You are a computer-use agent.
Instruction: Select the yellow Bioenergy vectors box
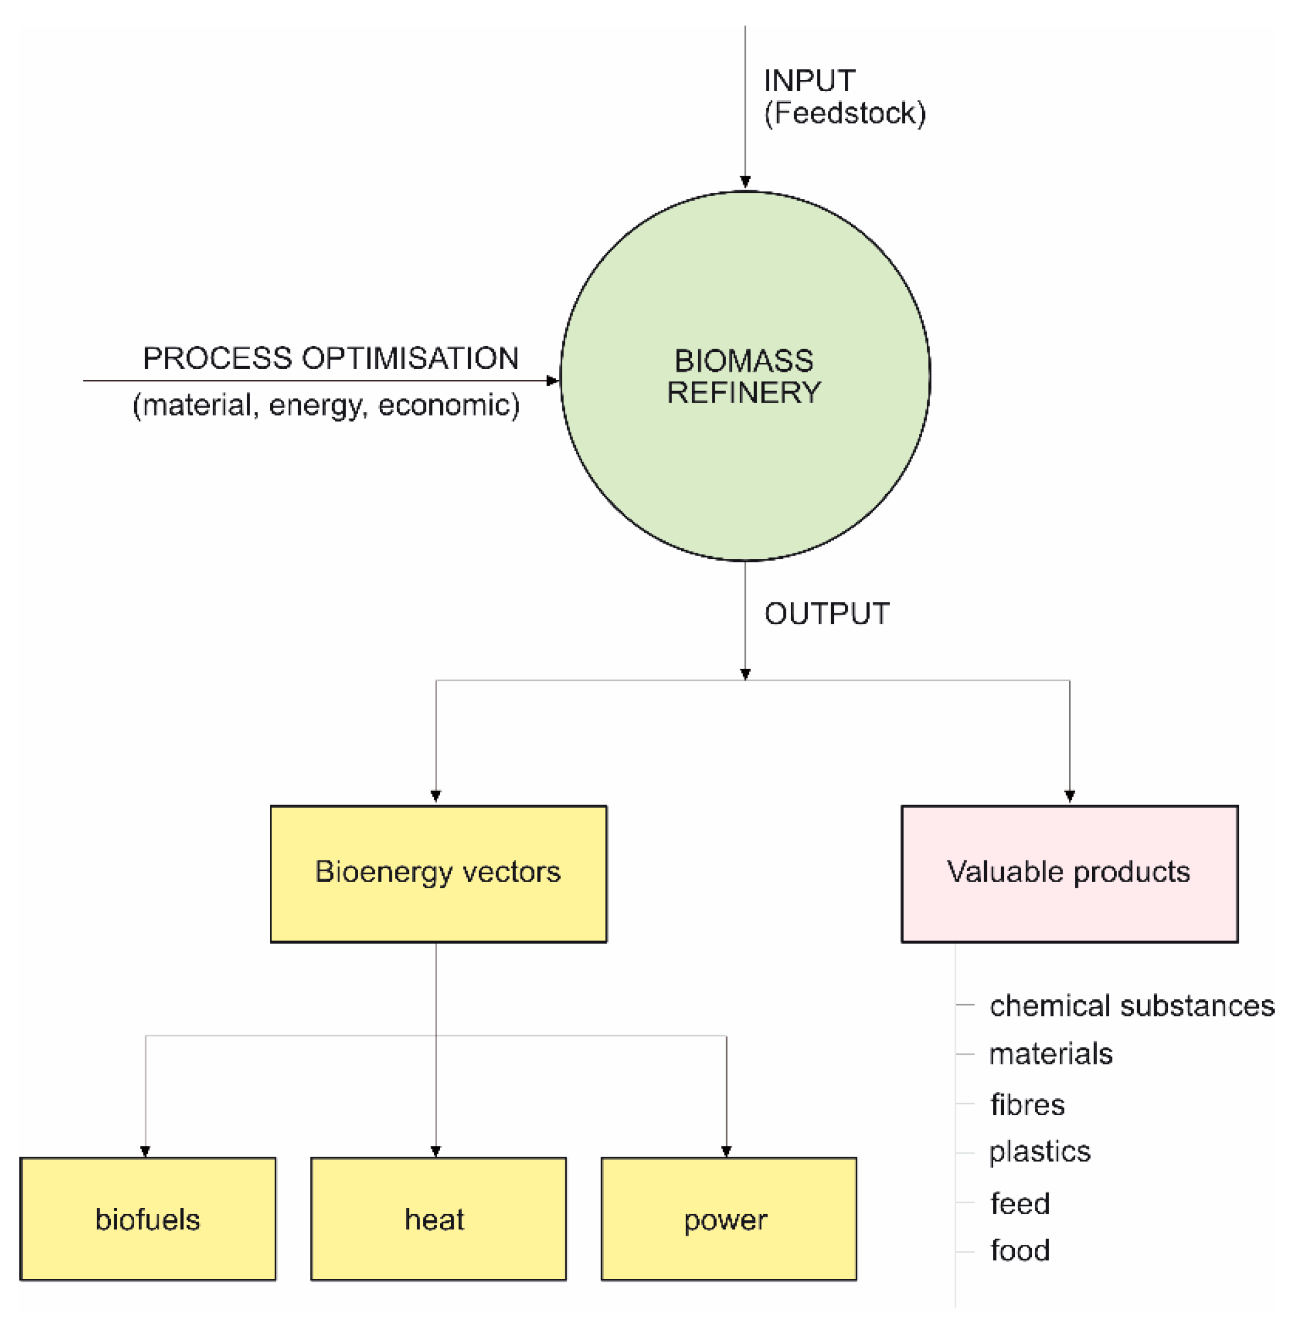438,873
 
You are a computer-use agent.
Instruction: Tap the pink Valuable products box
1068,873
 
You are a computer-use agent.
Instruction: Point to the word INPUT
808,81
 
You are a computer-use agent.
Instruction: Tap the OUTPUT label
826,614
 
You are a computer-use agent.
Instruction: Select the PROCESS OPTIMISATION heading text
331,359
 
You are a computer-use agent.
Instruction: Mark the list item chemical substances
1131,1006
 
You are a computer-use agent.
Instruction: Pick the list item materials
1051,1054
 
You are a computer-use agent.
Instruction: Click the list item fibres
1027,1105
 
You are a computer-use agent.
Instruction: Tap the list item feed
1020,1204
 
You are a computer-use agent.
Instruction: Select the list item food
1020,1251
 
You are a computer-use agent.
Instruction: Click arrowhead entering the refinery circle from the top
745,182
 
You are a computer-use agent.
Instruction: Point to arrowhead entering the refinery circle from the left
552,380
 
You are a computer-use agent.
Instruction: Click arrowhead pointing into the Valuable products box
1069,796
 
